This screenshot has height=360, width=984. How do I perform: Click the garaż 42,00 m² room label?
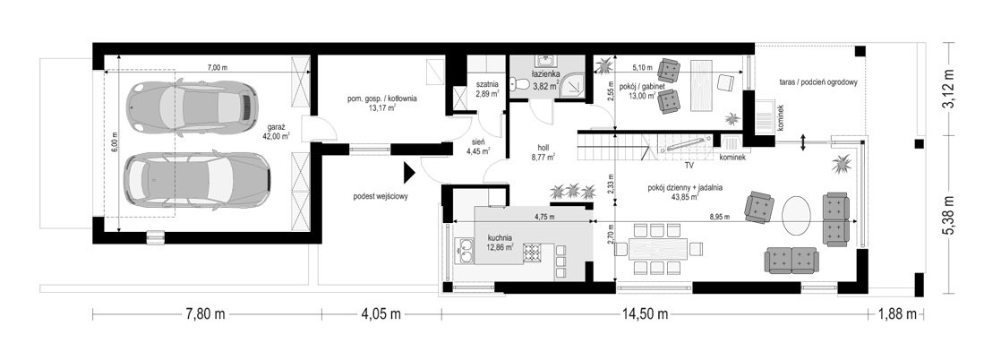click(277, 130)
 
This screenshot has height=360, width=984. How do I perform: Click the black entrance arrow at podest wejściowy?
click(409, 170)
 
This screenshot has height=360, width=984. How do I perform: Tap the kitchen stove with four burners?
click(533, 253)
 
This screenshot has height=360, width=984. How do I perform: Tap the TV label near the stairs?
click(689, 167)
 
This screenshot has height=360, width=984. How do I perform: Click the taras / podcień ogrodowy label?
click(817, 82)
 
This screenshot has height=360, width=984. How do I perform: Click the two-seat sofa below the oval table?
click(791, 261)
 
